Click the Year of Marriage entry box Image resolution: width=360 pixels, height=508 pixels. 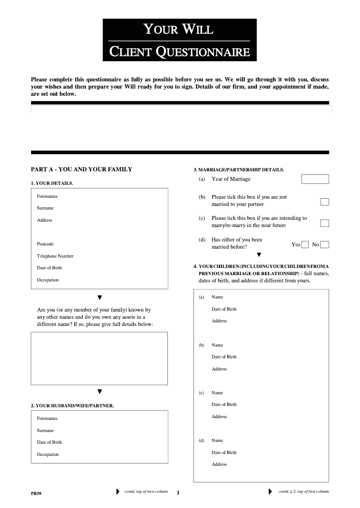[315, 179]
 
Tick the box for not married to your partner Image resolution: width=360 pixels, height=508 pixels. [324, 202]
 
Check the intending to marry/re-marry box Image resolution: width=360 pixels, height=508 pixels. [324, 223]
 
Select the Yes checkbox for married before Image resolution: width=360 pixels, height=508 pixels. [305, 245]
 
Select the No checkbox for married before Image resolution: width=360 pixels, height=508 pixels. [324, 245]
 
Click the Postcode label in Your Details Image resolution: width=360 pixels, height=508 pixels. [45, 244]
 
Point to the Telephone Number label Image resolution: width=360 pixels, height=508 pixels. [55, 256]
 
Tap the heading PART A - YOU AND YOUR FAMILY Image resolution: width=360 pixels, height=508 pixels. [81, 169]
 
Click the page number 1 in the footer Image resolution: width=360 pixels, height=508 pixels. [178, 493]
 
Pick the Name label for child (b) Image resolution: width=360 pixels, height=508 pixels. [217, 345]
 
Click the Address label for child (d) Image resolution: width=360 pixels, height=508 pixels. [219, 464]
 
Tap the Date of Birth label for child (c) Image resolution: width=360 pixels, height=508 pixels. [224, 405]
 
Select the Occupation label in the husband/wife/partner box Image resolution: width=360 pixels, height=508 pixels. [48, 455]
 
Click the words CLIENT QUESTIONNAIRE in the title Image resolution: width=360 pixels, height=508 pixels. [180, 52]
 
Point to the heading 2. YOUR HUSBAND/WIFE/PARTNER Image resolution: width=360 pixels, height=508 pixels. [72, 406]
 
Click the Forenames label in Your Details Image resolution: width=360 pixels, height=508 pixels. [47, 196]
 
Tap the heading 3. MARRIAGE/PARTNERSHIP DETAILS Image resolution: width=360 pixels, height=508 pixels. [238, 170]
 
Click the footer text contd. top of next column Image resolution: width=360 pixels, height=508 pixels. [146, 491]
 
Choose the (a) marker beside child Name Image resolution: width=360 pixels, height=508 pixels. [201, 297]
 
